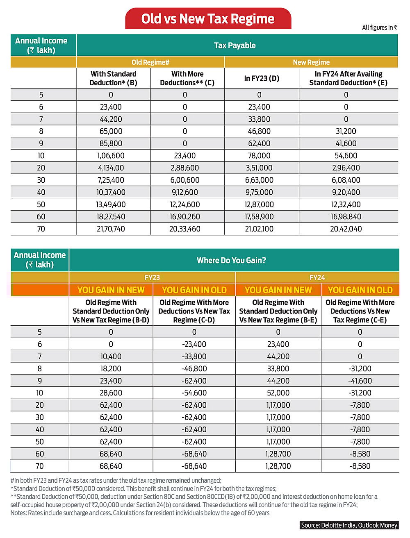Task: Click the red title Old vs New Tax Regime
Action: (x=208, y=19)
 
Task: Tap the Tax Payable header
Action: (x=235, y=45)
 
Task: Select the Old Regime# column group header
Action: (x=150, y=62)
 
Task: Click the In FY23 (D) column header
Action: (x=262, y=78)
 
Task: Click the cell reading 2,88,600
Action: (x=185, y=168)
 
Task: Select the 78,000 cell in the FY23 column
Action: (x=259, y=156)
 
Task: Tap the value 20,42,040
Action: (x=346, y=229)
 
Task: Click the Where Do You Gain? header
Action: (x=231, y=261)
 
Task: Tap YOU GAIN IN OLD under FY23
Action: (x=194, y=290)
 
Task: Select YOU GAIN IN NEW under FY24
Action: (x=278, y=290)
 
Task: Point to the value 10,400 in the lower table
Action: (x=111, y=356)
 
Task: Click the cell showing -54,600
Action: (x=194, y=393)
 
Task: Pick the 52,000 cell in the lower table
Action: (x=278, y=393)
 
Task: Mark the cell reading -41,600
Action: (x=360, y=381)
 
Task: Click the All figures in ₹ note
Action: (x=379, y=27)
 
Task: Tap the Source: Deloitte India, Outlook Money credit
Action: (x=349, y=525)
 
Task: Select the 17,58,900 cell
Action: (x=259, y=217)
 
